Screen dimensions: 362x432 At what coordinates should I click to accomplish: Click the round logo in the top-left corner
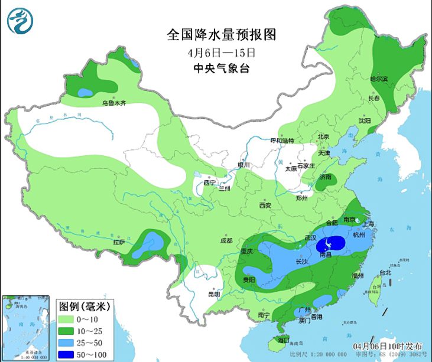click(x=20, y=21)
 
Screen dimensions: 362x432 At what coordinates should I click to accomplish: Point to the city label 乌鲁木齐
click(x=115, y=103)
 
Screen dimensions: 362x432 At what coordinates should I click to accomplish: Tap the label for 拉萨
click(x=118, y=242)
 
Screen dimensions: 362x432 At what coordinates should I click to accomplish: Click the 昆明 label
click(x=213, y=293)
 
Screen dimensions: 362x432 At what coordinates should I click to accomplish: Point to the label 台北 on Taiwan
click(x=385, y=273)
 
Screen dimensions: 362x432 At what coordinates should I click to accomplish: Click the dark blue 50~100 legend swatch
click(x=70, y=354)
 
